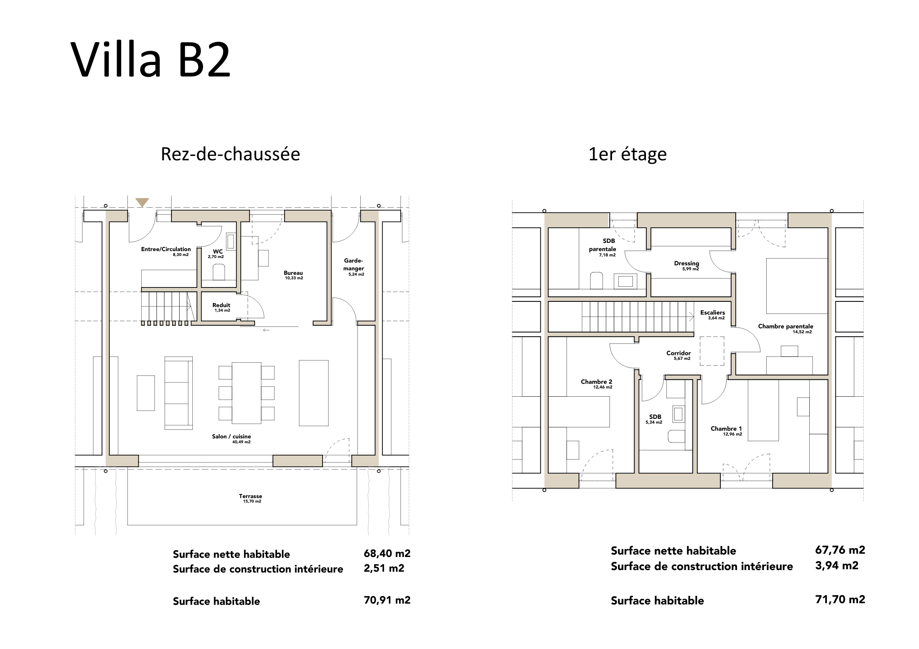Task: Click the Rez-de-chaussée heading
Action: click(230, 154)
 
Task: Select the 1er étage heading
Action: click(628, 155)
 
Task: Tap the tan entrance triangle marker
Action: click(142, 202)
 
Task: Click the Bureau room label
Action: click(294, 273)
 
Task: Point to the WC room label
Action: click(218, 252)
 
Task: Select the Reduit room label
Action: click(221, 305)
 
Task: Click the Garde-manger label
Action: click(354, 265)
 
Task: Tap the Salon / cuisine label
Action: click(231, 436)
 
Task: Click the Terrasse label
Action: click(251, 496)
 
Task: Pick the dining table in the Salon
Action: click(246, 393)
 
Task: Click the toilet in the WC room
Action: click(219, 272)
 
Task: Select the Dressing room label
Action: click(686, 263)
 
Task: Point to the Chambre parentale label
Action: click(786, 326)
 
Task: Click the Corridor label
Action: click(679, 353)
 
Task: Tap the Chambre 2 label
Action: click(596, 382)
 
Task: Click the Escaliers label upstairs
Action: click(713, 312)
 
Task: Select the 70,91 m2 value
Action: click(387, 600)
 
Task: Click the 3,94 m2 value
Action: click(837, 566)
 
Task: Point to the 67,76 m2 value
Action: click(840, 550)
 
